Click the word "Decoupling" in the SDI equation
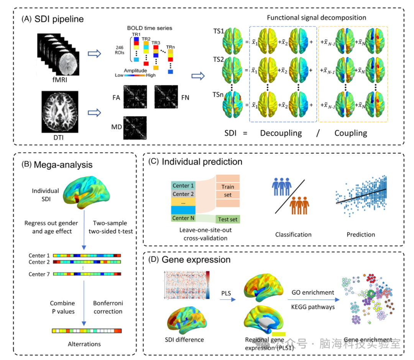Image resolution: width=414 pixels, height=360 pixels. [x=281, y=133]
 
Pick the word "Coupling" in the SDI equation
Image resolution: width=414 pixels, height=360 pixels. [x=351, y=133]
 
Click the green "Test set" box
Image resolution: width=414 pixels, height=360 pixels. [x=228, y=219]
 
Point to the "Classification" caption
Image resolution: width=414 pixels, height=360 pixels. [x=293, y=234]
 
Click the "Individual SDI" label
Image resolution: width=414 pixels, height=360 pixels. [x=45, y=195]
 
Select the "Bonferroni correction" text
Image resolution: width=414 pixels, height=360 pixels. [x=108, y=307]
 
